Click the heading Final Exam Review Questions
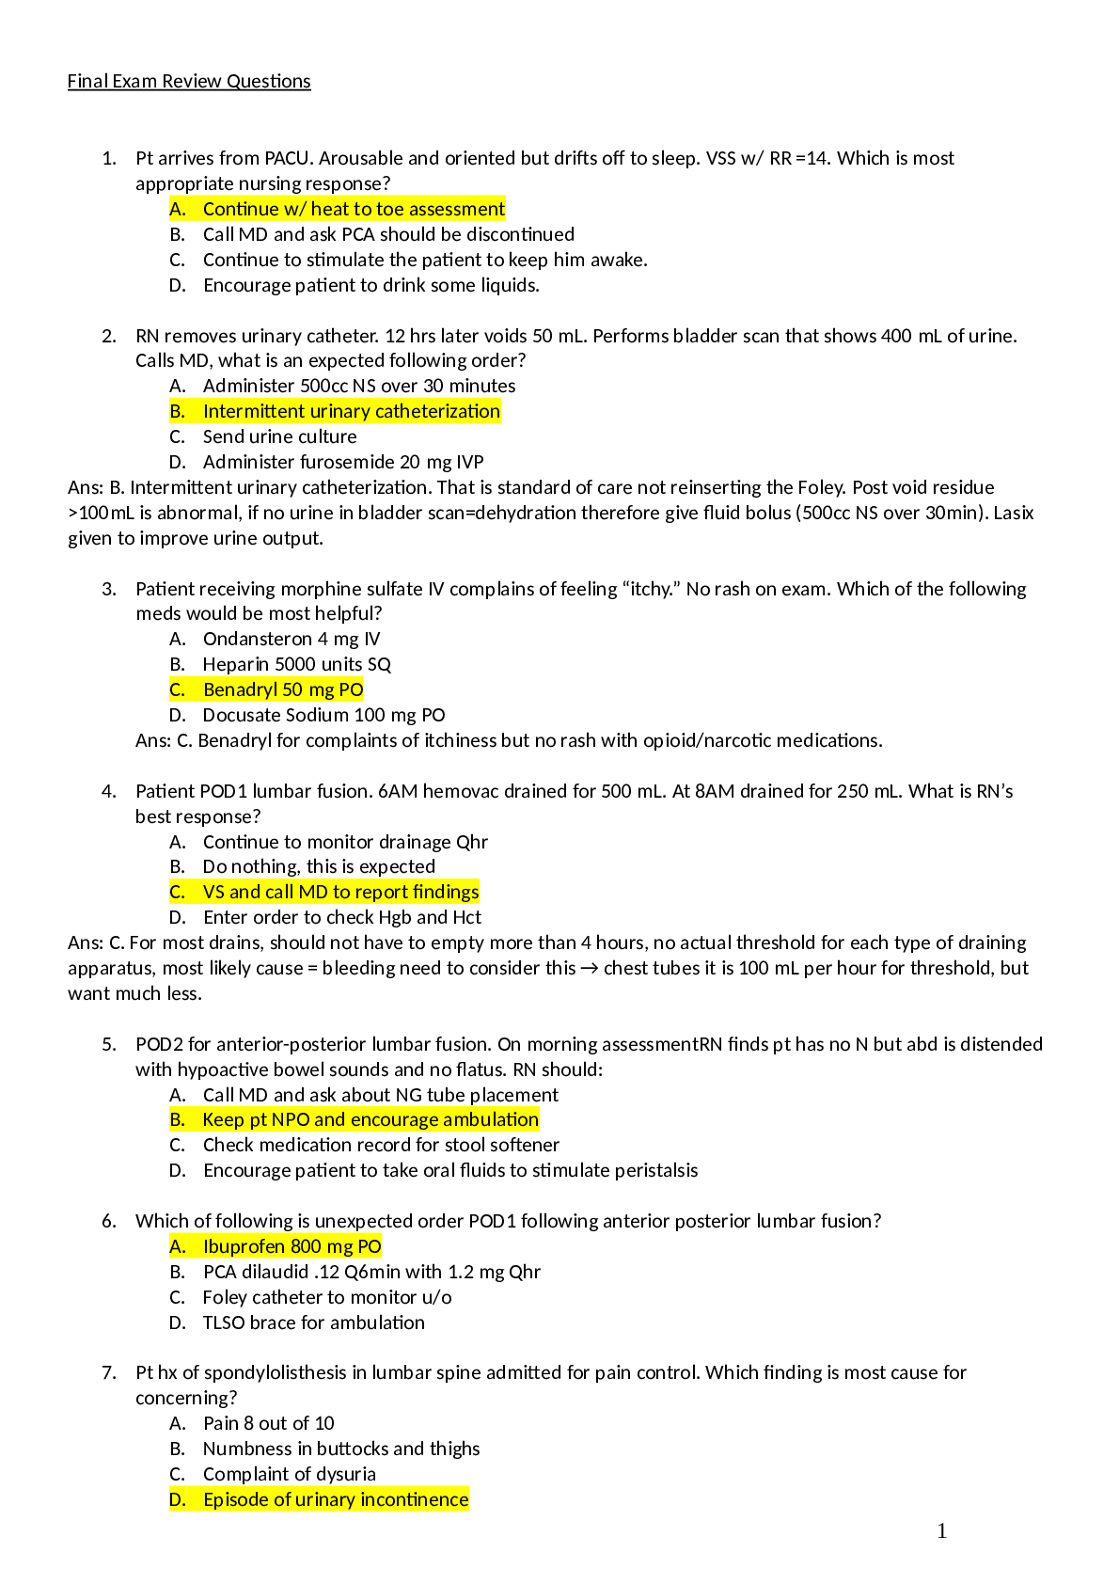click(188, 82)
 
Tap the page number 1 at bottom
click(942, 1531)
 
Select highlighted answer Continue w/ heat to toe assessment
click(354, 209)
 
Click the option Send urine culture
click(279, 436)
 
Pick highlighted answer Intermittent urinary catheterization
click(351, 411)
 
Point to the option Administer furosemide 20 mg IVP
click(343, 462)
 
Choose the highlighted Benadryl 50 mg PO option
click(282, 689)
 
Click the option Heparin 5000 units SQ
click(296, 664)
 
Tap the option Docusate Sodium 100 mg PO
click(323, 715)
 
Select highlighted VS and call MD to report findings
click(340, 892)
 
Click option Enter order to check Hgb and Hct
click(341, 917)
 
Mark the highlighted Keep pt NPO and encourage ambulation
click(370, 1119)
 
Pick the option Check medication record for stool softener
click(381, 1145)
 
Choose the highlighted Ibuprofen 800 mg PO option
click(292, 1246)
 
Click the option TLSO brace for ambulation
click(313, 1323)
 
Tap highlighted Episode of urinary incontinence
click(336, 1499)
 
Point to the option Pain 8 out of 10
click(268, 1423)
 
